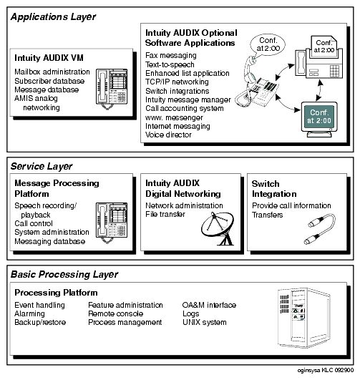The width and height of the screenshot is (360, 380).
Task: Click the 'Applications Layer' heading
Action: tap(53, 17)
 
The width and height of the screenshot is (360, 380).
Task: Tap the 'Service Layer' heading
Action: tap(42, 167)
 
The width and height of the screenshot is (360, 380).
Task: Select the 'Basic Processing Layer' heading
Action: tap(64, 275)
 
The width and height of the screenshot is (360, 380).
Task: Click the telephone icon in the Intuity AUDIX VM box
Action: tap(112, 89)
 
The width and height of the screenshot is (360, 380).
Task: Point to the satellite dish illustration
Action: tap(218, 228)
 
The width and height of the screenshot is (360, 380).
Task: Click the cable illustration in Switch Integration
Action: tap(320, 229)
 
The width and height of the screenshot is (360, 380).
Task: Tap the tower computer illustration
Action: tap(303, 318)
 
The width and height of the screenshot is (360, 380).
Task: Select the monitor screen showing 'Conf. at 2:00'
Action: tap(319, 117)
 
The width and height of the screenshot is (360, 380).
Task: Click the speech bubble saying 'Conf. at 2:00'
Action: tap(268, 45)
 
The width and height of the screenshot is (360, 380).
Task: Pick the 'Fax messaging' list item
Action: tap(171, 56)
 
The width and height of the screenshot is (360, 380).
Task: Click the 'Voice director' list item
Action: tap(168, 135)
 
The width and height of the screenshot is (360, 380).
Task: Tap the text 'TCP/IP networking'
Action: tap(177, 82)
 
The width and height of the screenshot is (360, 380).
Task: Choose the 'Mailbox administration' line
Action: tap(52, 72)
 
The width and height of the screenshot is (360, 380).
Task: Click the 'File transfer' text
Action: tap(165, 214)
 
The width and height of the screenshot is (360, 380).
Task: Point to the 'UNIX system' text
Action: tap(205, 322)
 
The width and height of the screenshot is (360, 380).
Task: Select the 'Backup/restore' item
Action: tap(40, 322)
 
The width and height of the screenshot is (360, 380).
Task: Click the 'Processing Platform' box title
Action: tap(56, 293)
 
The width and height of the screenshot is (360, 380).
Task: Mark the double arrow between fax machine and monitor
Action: tap(320, 90)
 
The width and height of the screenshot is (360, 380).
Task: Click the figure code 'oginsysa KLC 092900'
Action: tap(326, 370)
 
